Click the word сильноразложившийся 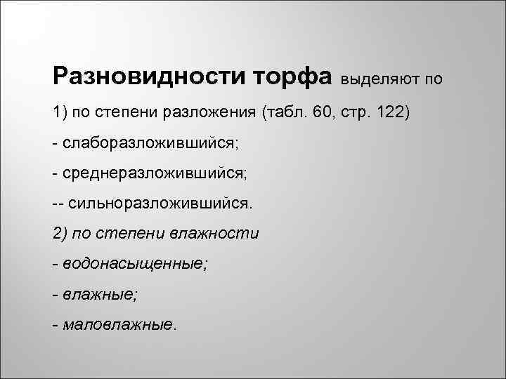(159, 204)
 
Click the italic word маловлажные (119, 324)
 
